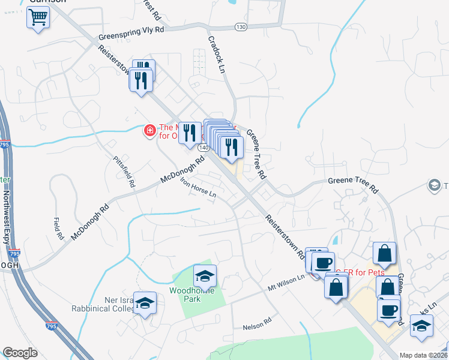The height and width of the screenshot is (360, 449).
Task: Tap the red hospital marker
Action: pyautogui.click(x=149, y=130)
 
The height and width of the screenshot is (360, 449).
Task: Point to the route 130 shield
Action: pyautogui.click(x=240, y=26)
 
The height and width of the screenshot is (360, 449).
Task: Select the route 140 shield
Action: pyautogui.click(x=204, y=146)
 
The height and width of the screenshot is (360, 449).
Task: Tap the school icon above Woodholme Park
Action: pyautogui.click(x=205, y=276)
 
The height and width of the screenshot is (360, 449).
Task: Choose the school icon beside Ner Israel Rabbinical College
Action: pyautogui.click(x=144, y=304)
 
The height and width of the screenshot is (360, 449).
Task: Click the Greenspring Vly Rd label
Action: pyautogui.click(x=131, y=30)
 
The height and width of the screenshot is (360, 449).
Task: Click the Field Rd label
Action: pyautogui.click(x=58, y=229)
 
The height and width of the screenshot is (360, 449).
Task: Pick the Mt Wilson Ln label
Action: pyautogui.click(x=286, y=281)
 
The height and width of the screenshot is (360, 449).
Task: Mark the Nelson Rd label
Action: pyautogui.click(x=258, y=325)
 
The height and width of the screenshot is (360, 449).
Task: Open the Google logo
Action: pyautogui.click(x=20, y=352)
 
